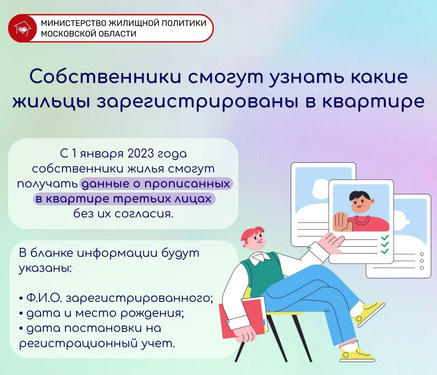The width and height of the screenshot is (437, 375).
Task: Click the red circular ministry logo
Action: point(23,28)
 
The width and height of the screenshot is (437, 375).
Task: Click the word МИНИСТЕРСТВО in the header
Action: point(74,23)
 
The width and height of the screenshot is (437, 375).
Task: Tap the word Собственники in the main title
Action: point(105,77)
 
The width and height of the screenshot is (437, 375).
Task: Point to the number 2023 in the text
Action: point(141,153)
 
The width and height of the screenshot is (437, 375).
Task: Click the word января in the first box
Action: point(102,155)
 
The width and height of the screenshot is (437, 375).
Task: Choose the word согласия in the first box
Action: point(144,214)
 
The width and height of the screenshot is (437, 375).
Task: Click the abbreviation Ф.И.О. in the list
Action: point(44,298)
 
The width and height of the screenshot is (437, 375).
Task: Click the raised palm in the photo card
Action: point(342,221)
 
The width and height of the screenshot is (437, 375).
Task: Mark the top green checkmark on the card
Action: point(384,238)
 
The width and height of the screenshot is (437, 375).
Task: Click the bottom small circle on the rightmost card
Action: point(422,268)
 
